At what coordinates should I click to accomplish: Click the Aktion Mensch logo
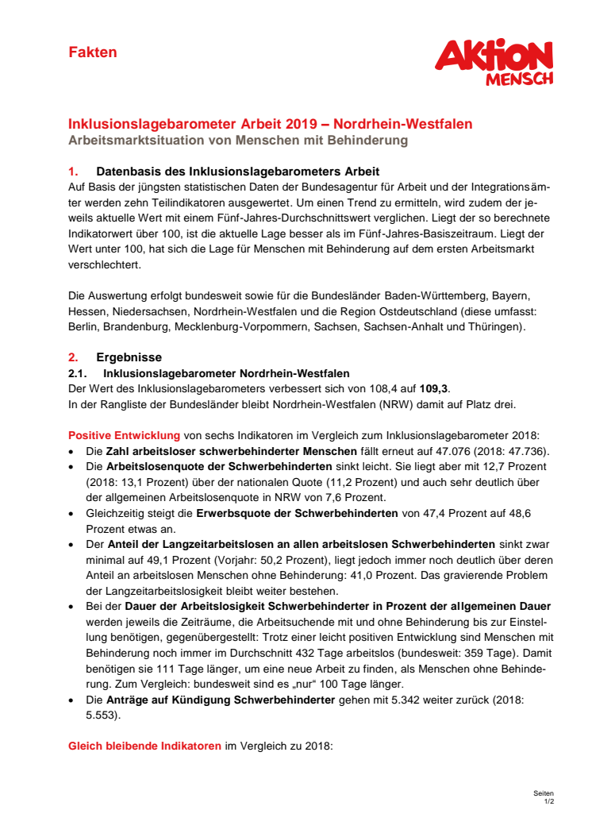click(x=494, y=62)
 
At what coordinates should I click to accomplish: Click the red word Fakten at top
click(x=92, y=52)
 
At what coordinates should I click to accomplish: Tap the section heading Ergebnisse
click(x=129, y=357)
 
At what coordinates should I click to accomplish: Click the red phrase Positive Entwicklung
click(x=124, y=435)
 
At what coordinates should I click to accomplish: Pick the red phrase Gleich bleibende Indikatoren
click(x=145, y=747)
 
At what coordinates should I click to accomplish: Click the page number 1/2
click(x=548, y=801)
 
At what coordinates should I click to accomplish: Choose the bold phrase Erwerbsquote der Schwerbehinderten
click(x=297, y=513)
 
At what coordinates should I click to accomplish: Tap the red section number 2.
click(x=72, y=357)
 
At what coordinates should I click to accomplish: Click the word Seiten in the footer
click(x=544, y=793)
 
